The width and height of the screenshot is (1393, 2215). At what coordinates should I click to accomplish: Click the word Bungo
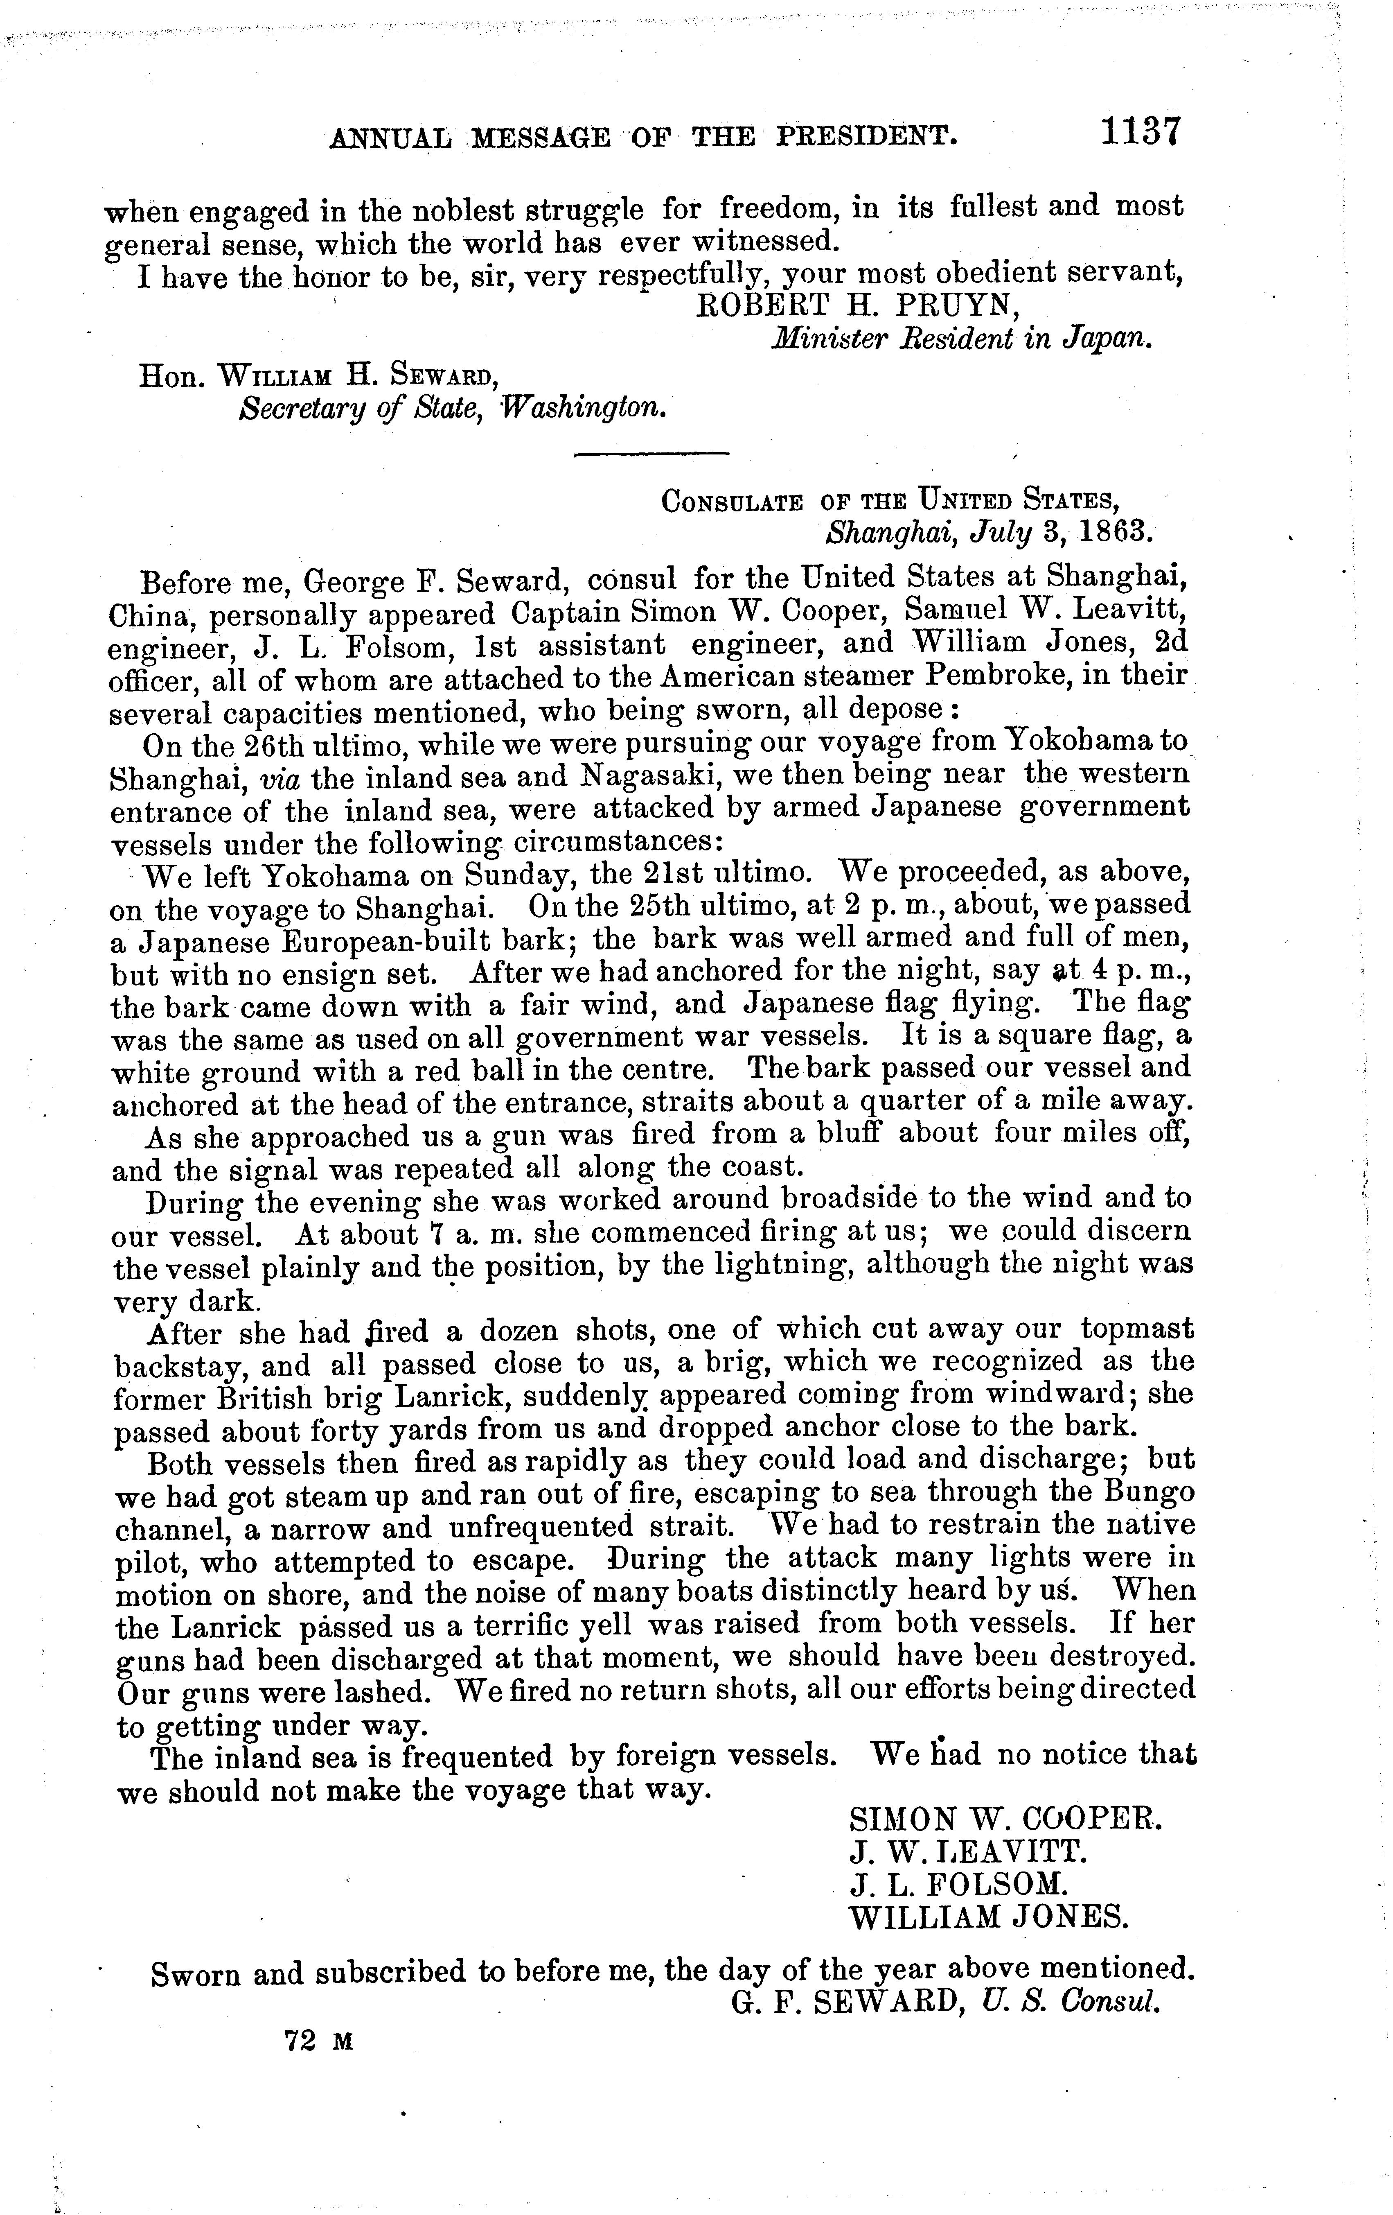[x=1150, y=1494]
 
